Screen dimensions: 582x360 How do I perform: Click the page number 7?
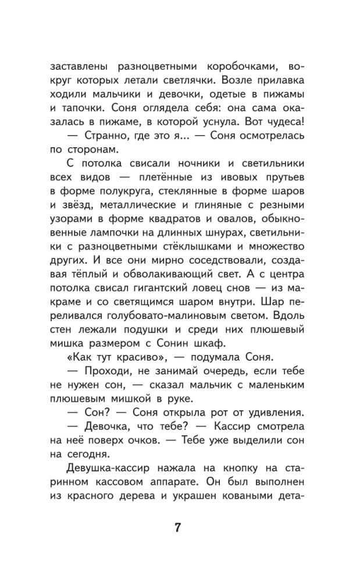click(x=179, y=528)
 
